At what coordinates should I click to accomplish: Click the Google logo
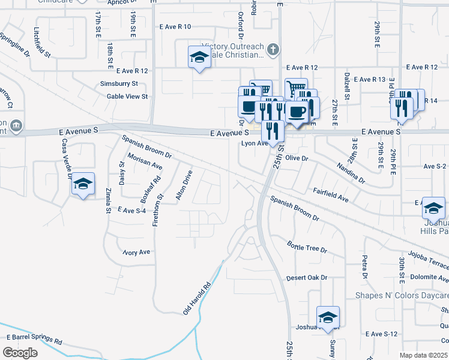(x=20, y=353)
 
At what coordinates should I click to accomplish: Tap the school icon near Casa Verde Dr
(x=82, y=184)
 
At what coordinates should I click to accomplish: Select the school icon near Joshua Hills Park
(x=433, y=208)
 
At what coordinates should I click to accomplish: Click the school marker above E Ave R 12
(x=199, y=58)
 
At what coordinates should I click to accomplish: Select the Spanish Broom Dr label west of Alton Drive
(x=146, y=146)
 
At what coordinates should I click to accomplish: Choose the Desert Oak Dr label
(x=307, y=278)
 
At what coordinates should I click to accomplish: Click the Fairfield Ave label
(x=331, y=194)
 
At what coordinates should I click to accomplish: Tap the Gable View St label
(x=127, y=96)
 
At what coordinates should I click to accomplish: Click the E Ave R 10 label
(x=175, y=27)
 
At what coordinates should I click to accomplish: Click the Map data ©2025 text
(x=424, y=356)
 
